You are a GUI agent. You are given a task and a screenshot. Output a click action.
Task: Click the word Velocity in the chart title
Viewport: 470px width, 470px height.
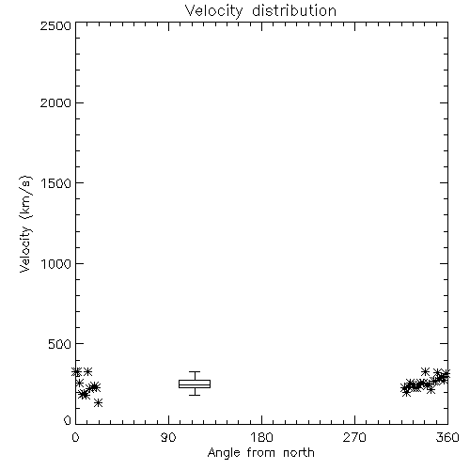click(x=214, y=11)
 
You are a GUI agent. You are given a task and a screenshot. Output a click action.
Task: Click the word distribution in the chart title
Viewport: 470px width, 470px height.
click(x=294, y=10)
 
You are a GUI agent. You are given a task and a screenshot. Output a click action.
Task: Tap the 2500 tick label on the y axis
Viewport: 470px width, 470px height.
click(x=55, y=25)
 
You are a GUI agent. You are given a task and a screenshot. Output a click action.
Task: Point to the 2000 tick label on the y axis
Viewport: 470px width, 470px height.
click(x=55, y=102)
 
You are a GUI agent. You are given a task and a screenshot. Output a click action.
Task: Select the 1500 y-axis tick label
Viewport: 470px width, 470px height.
click(x=56, y=183)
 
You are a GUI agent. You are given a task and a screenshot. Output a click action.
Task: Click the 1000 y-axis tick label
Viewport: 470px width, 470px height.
click(x=56, y=264)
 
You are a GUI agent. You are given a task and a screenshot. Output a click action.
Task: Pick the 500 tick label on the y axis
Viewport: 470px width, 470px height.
click(x=60, y=344)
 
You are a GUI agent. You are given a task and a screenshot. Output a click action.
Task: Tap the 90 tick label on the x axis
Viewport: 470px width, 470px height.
click(x=168, y=437)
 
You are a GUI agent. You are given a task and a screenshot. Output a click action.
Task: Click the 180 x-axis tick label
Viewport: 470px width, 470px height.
click(x=261, y=437)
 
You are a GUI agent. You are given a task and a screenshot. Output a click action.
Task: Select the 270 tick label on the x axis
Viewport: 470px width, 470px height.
click(x=354, y=437)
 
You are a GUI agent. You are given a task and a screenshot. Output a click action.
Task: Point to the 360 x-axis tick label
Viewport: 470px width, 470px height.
click(x=447, y=437)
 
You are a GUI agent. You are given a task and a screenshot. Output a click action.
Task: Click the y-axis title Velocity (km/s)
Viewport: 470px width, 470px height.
click(x=25, y=224)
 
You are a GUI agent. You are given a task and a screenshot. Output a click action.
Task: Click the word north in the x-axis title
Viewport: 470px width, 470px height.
click(x=299, y=453)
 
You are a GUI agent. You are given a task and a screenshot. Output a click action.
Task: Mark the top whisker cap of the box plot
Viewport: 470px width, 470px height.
click(x=195, y=372)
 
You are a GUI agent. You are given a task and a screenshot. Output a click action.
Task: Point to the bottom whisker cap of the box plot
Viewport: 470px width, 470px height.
click(x=195, y=395)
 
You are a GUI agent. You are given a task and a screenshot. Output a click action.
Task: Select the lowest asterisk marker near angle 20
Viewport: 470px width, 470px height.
click(x=99, y=402)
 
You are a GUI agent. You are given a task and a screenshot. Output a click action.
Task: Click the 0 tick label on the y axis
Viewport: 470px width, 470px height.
click(x=68, y=420)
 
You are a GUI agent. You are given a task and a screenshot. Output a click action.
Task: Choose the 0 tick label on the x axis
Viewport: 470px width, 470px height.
click(x=75, y=437)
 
